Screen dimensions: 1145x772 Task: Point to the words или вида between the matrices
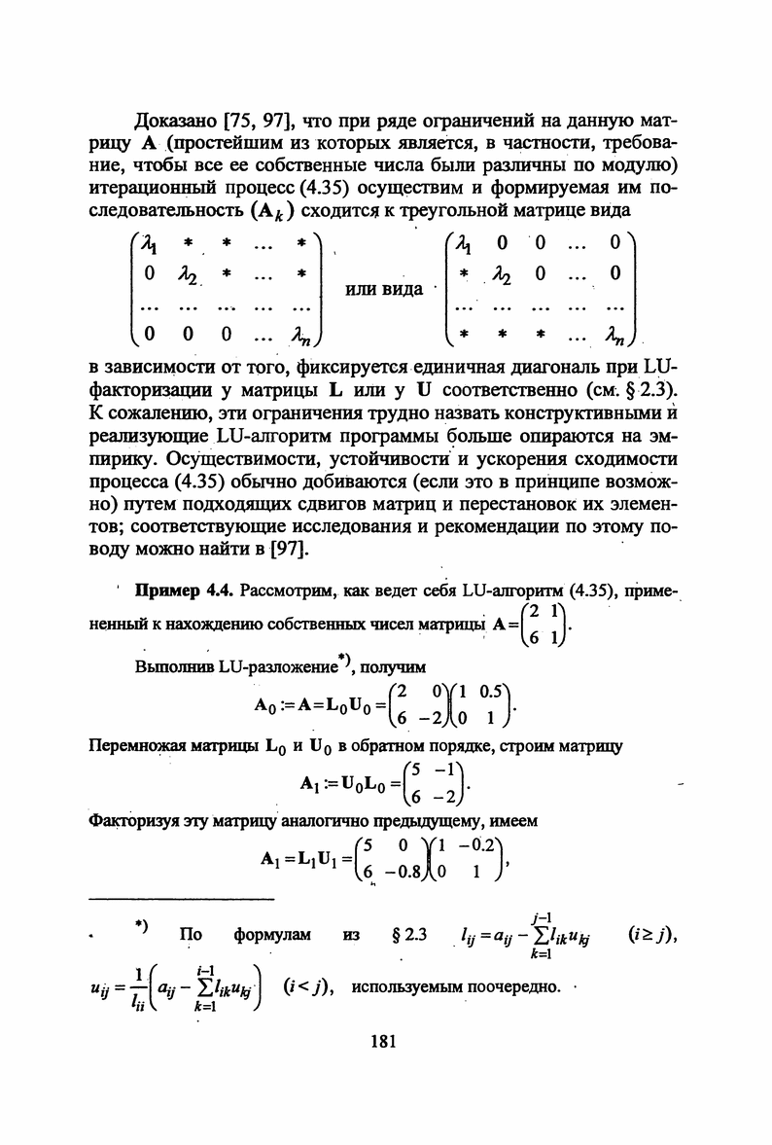(384, 289)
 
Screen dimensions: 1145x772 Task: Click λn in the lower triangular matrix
(616, 337)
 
